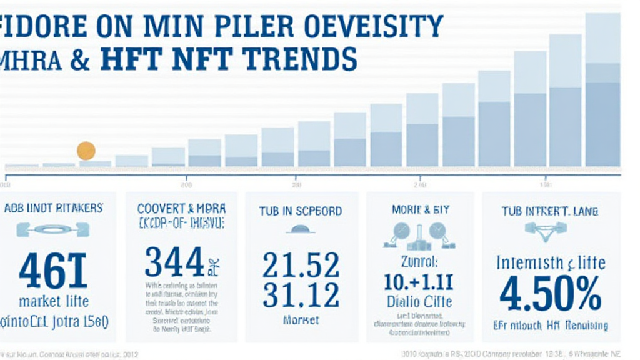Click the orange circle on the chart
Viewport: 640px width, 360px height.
(86, 151)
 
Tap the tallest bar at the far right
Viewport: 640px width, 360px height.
(602, 94)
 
